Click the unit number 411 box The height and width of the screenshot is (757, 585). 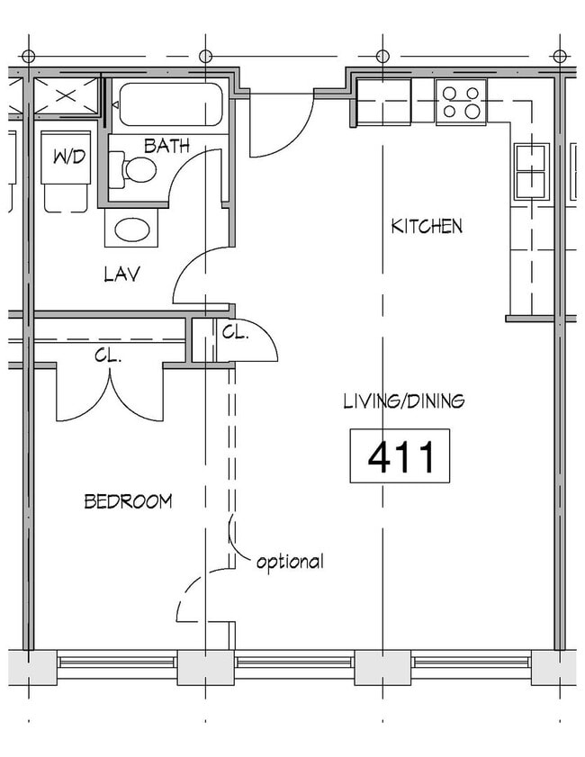pyautogui.click(x=400, y=456)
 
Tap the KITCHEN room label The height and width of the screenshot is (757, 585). pyautogui.click(x=427, y=226)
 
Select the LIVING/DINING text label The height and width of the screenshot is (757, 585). pyautogui.click(x=404, y=401)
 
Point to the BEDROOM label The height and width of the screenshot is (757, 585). pyautogui.click(x=128, y=501)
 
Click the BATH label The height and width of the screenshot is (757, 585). pyautogui.click(x=166, y=146)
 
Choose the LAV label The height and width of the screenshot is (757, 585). pyautogui.click(x=121, y=275)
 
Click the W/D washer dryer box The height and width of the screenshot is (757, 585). pyautogui.click(x=67, y=158)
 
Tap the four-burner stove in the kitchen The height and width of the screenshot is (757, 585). pyautogui.click(x=461, y=102)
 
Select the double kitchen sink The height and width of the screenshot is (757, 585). pyautogui.click(x=531, y=171)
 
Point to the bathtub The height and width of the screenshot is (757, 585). pyautogui.click(x=170, y=104)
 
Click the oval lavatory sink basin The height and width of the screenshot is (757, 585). pyautogui.click(x=131, y=230)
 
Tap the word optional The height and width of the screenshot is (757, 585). pyautogui.click(x=289, y=563)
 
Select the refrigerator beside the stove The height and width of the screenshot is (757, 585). pyautogui.click(x=384, y=102)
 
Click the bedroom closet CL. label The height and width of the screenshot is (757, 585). pyautogui.click(x=108, y=356)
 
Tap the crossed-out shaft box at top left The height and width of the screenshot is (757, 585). pyautogui.click(x=66, y=96)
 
